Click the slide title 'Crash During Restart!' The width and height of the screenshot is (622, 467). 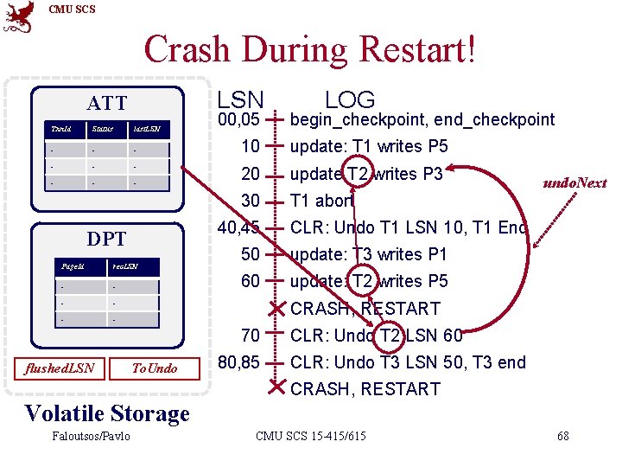pyautogui.click(x=309, y=49)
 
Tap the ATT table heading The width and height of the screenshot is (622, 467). pyautogui.click(x=106, y=105)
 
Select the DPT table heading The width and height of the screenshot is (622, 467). pyautogui.click(x=106, y=240)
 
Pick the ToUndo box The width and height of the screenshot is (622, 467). pyautogui.click(x=154, y=368)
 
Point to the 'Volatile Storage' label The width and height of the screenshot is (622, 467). pyautogui.click(x=107, y=413)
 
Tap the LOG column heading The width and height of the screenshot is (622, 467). pyautogui.click(x=350, y=100)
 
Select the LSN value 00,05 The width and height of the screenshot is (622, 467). pyautogui.click(x=239, y=119)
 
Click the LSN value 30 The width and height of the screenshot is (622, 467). pyautogui.click(x=250, y=201)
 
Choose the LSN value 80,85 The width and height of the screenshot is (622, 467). pyautogui.click(x=239, y=362)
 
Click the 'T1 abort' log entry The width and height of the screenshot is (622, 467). pyautogui.click(x=322, y=201)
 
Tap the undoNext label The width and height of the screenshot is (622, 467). pyautogui.click(x=574, y=182)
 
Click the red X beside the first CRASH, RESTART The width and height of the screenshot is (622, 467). pyautogui.click(x=275, y=309)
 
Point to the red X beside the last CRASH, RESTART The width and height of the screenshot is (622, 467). pyautogui.click(x=275, y=389)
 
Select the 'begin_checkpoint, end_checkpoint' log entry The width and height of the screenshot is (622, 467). pyautogui.click(x=422, y=119)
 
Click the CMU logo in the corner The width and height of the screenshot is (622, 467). pyautogui.click(x=19, y=17)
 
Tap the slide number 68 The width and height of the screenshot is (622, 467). pyautogui.click(x=562, y=436)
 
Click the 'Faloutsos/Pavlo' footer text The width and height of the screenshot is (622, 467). pyautogui.click(x=90, y=436)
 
